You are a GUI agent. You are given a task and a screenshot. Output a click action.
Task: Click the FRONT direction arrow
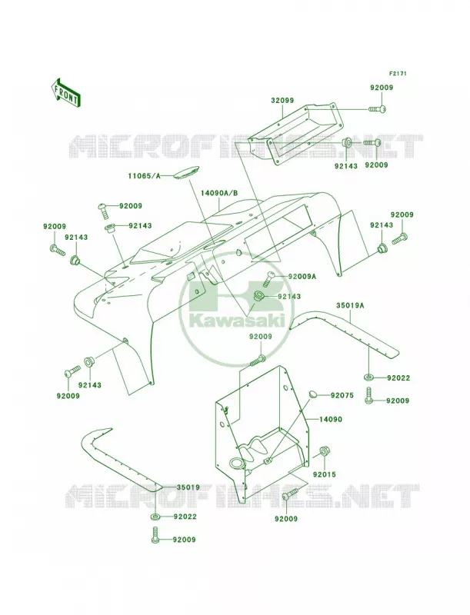(x=65, y=92)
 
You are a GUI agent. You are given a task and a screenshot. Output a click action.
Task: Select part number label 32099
(x=282, y=101)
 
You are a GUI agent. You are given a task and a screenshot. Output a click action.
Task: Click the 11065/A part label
(x=144, y=176)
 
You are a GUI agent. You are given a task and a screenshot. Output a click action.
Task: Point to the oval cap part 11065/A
(x=183, y=175)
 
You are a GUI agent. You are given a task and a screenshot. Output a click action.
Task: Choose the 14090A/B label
(x=219, y=193)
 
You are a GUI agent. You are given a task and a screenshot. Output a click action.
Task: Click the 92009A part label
(x=302, y=276)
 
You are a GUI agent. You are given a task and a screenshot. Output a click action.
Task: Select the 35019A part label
(x=350, y=305)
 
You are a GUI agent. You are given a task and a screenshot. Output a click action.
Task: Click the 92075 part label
(x=342, y=395)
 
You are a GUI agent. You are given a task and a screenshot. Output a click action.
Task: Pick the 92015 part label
(x=325, y=474)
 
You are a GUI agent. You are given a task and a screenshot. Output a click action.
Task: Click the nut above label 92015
(x=324, y=451)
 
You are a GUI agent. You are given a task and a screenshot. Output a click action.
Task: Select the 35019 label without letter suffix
(x=188, y=487)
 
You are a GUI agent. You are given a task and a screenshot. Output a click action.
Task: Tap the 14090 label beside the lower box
(x=331, y=419)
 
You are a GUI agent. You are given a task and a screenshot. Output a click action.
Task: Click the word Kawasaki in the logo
(x=237, y=320)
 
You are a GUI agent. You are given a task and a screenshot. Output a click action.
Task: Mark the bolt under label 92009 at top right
(x=378, y=108)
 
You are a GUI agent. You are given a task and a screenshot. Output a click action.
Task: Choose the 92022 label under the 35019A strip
(x=398, y=378)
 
